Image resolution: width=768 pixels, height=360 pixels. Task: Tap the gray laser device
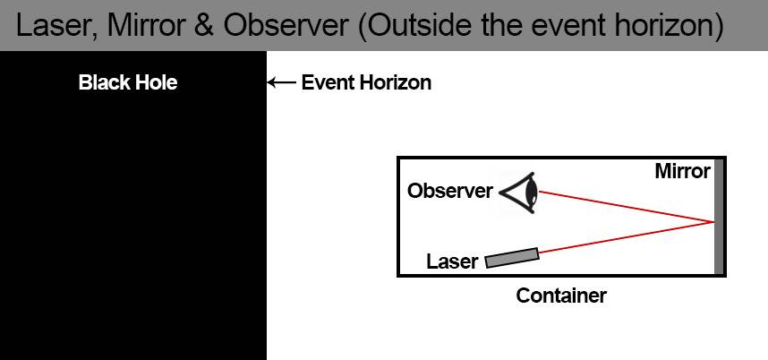click(512, 257)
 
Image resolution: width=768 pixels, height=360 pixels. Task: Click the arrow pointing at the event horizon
click(281, 83)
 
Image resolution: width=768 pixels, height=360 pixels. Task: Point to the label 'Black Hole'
click(128, 83)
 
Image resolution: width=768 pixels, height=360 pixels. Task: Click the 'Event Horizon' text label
click(366, 83)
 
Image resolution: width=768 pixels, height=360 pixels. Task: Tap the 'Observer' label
click(449, 191)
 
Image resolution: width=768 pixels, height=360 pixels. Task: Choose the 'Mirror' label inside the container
click(682, 171)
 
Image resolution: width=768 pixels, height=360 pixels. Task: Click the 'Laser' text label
click(452, 262)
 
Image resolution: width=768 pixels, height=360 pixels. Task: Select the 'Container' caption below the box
click(561, 296)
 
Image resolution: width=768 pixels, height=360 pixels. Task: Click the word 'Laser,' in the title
click(55, 26)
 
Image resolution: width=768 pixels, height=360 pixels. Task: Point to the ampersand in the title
click(201, 26)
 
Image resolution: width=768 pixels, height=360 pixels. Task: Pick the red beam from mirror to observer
click(627, 206)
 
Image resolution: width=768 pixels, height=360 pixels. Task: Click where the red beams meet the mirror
click(713, 221)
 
